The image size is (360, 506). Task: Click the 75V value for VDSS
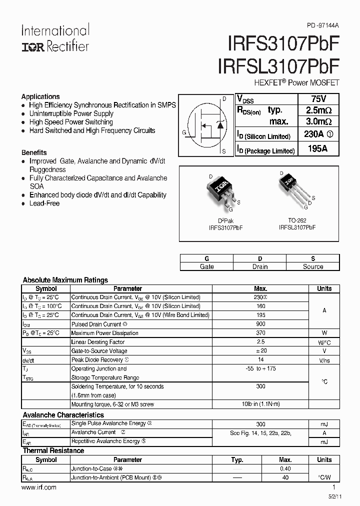click(318, 98)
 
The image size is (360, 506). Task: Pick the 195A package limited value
click(318, 149)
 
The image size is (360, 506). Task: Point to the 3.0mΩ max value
click(318, 121)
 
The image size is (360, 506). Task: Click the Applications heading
click(40, 96)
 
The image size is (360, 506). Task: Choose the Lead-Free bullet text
click(44, 203)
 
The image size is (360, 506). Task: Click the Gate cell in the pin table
click(206, 266)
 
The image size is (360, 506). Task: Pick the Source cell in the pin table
click(313, 266)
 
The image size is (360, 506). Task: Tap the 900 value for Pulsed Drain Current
click(260, 324)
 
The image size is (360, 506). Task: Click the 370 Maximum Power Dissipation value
click(260, 333)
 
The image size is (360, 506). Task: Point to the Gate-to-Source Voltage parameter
click(99, 351)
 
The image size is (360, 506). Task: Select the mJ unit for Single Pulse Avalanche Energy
click(324, 424)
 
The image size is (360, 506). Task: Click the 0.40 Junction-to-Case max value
click(285, 468)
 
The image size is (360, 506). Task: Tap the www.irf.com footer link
click(39, 487)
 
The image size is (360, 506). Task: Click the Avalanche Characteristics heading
click(63, 415)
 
